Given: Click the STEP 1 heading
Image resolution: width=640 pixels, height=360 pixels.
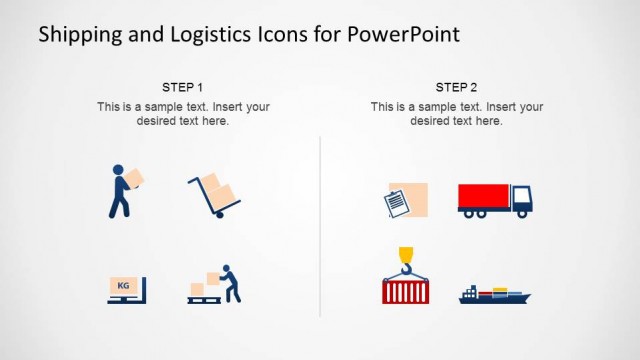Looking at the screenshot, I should pyautogui.click(x=183, y=87).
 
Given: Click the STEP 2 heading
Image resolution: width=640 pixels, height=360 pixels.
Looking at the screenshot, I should pyautogui.click(x=456, y=87).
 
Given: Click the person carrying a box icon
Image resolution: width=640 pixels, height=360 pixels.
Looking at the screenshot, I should pyautogui.click(x=123, y=190).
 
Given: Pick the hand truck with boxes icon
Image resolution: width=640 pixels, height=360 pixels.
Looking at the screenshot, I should pyautogui.click(x=215, y=195).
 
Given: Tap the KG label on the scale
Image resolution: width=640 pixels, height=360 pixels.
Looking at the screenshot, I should pyautogui.click(x=123, y=285).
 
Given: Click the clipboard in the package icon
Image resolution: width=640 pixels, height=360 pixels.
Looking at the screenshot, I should pyautogui.click(x=397, y=203).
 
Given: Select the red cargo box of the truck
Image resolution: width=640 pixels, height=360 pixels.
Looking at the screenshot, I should pyautogui.click(x=483, y=196).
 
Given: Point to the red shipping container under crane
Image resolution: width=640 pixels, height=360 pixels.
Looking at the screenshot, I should pyautogui.click(x=405, y=291).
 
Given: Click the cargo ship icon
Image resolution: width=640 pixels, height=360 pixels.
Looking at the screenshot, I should pyautogui.click(x=494, y=295).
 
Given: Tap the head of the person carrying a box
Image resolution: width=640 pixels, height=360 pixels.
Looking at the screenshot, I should pyautogui.click(x=119, y=170).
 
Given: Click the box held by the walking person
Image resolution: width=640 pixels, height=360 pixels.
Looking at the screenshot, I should pyautogui.click(x=135, y=178).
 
